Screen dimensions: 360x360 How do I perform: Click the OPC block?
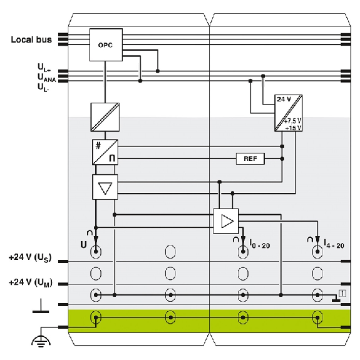point(106,45)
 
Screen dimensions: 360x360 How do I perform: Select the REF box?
point(250,158)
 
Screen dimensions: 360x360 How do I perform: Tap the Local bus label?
point(31,39)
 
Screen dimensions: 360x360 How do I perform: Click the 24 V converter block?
point(289,113)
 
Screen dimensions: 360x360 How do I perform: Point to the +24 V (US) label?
point(30,257)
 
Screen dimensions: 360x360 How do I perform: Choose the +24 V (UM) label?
point(31,282)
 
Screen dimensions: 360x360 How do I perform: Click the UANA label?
point(46,78)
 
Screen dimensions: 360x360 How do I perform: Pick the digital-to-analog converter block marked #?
point(105,152)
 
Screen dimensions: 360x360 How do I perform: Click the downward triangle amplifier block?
point(105,187)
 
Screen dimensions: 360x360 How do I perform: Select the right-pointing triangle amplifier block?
point(226,221)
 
